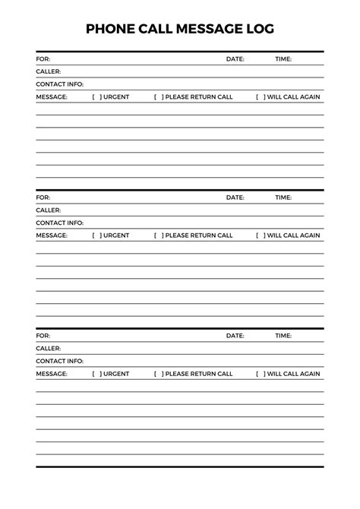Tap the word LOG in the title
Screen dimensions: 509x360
258,29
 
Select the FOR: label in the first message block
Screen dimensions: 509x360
43,58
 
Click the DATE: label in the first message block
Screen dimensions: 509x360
235,58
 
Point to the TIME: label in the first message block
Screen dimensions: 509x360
283,58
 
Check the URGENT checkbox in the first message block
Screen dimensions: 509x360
96,97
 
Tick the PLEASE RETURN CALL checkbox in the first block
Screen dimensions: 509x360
158,97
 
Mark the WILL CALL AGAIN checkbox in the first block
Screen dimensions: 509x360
261,97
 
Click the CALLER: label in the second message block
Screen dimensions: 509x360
48,210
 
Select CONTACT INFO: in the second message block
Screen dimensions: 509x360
59,223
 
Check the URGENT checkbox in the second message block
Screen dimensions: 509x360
96,236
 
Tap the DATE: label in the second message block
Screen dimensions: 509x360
235,198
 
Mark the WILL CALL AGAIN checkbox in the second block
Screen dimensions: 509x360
261,236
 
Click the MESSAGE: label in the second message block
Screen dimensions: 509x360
52,236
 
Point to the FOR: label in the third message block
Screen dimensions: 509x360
43,335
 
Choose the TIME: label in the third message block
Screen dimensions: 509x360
283,335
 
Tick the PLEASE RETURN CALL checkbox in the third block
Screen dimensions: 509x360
158,374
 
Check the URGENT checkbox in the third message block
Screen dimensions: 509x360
96,374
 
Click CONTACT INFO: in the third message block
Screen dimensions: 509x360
59,361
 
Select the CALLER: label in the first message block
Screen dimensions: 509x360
48,71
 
